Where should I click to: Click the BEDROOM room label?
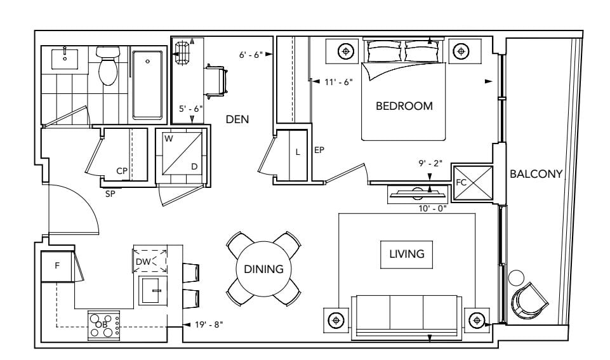(404, 106)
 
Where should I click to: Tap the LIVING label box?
(406, 255)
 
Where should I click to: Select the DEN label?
(237, 119)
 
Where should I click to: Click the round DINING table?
(264, 269)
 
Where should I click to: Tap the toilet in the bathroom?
(108, 65)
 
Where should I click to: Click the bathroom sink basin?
(65, 59)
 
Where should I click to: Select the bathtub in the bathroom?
(147, 85)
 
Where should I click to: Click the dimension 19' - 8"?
(209, 324)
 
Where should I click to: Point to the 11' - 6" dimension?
(338, 82)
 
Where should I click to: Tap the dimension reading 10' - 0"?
(433, 209)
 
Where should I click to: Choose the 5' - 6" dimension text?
(190, 109)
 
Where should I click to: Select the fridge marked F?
(56, 266)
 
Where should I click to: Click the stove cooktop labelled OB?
(104, 324)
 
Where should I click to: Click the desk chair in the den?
(216, 81)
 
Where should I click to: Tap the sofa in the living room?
(406, 316)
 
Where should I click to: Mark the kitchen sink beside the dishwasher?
(153, 290)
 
